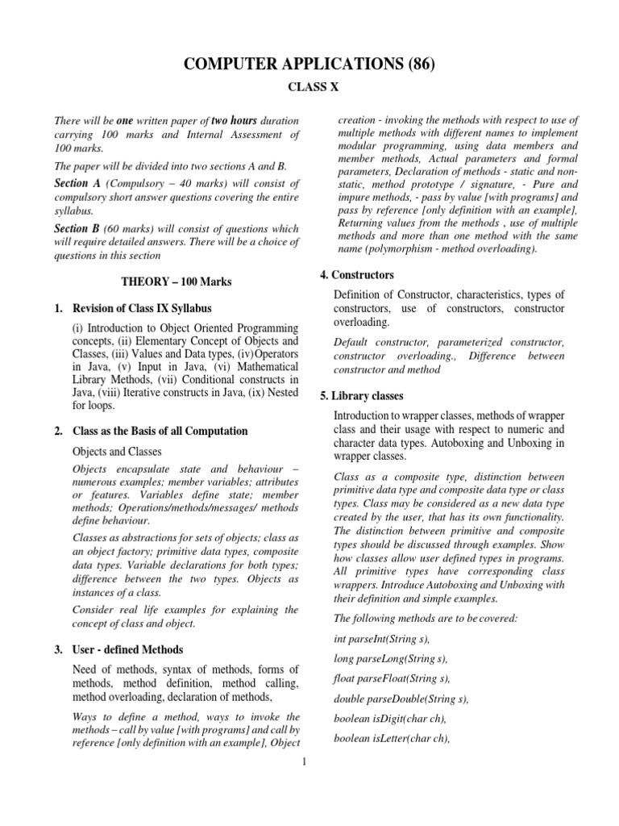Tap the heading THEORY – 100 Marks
176,282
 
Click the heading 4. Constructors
356,276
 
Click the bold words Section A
77,184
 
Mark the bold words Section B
77,227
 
